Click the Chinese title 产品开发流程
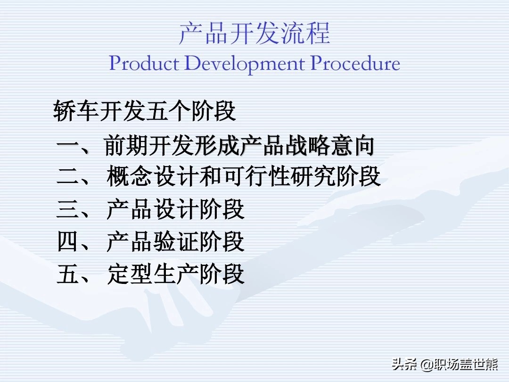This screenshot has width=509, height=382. [254, 33]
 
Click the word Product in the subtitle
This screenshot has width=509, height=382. [144, 63]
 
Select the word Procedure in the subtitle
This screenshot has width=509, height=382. [355, 63]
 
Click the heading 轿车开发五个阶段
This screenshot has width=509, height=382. [145, 111]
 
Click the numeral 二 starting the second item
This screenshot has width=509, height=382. [68, 177]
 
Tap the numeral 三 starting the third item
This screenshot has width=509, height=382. [68, 209]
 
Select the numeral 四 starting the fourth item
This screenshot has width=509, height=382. [68, 241]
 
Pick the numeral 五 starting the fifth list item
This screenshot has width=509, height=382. [68, 274]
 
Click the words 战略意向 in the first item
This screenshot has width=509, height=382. [330, 145]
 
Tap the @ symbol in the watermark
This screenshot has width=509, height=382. [426, 365]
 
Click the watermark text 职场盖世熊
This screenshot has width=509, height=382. [466, 365]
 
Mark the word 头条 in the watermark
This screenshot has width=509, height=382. [404, 364]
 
